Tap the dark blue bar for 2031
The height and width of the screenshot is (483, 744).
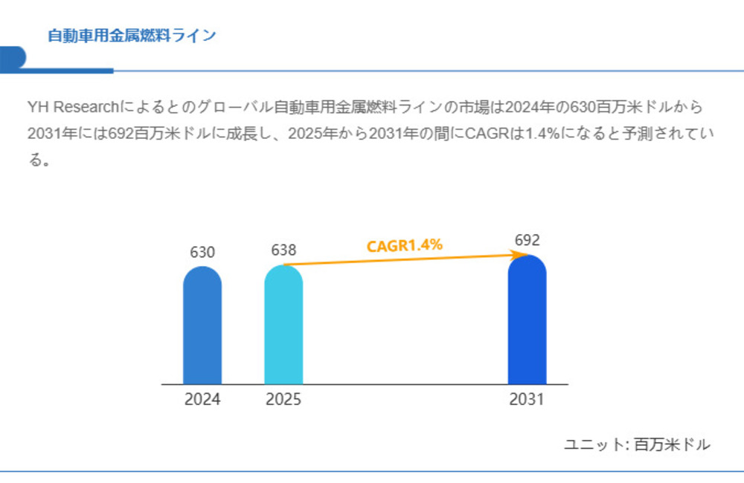(527, 320)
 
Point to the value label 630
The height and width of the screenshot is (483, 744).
(202, 252)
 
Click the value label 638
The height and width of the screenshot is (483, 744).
(283, 250)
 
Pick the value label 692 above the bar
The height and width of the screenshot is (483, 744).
(527, 240)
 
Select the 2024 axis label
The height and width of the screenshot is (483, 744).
(202, 400)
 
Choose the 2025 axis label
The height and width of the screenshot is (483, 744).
(283, 400)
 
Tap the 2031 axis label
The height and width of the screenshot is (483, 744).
(527, 400)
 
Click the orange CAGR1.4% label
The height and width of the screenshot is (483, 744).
(405, 245)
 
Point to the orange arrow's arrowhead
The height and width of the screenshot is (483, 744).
(523, 255)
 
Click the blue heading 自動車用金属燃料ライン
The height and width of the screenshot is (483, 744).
(132, 36)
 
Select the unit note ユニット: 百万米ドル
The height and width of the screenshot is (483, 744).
(637, 444)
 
